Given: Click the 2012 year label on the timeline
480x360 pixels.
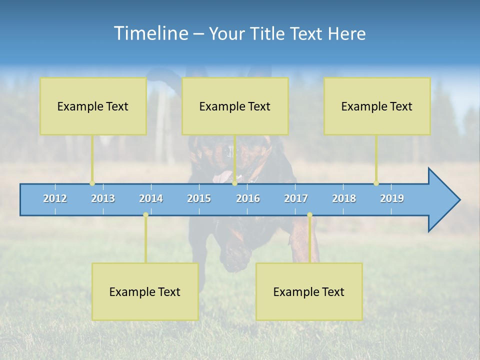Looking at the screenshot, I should [x=55, y=198].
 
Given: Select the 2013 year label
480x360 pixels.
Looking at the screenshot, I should [x=103, y=198].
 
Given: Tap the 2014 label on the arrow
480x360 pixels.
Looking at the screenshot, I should [x=151, y=198].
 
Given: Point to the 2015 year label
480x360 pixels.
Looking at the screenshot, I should [x=199, y=198].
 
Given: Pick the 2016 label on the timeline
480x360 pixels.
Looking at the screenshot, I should [x=248, y=198].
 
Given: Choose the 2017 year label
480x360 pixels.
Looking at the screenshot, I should [x=296, y=198].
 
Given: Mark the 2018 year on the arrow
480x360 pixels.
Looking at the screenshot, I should [x=344, y=198].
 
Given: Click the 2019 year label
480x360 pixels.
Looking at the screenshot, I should [x=392, y=198].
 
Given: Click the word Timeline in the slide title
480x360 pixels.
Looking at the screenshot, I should [x=149, y=33].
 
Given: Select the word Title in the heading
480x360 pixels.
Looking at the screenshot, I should [x=269, y=34].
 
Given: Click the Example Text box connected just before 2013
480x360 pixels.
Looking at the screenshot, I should [x=93, y=106].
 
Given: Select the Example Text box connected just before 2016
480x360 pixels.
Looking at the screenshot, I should [x=235, y=106].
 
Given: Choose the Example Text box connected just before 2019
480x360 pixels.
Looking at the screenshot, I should [x=377, y=106].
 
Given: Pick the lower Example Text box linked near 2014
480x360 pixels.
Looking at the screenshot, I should [x=145, y=291].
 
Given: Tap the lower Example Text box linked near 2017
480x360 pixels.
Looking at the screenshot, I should [x=309, y=291].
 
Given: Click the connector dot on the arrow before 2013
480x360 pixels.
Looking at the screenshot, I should [x=92, y=183].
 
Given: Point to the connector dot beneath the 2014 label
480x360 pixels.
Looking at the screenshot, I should [x=145, y=215].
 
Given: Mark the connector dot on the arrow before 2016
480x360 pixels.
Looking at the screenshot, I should [x=234, y=183].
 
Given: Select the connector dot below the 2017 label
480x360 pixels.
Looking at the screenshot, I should [x=309, y=215].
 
